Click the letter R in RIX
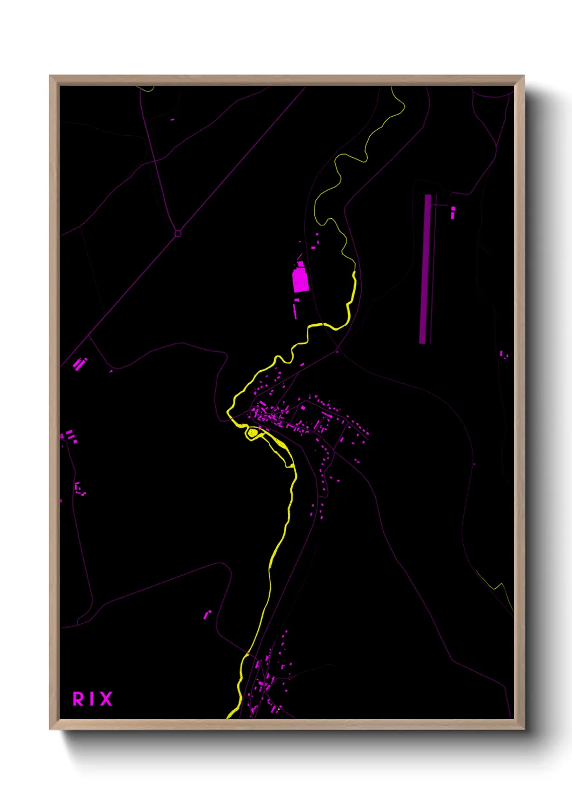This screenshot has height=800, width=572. [78, 699]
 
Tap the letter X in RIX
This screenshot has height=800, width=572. [105, 699]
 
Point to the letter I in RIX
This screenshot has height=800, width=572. [92, 699]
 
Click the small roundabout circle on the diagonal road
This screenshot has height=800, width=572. [178, 234]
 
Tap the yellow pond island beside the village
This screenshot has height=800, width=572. [252, 432]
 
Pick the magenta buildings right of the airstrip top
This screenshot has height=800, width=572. [453, 212]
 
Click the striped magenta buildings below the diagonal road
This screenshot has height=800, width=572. [80, 364]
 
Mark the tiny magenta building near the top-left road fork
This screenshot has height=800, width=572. [172, 119]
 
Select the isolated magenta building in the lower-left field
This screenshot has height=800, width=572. [207, 615]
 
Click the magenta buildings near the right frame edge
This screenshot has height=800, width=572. [503, 355]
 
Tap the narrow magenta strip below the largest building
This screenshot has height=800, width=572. [295, 311]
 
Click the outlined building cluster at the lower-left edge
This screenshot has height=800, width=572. [80, 489]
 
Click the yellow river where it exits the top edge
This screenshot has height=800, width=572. [393, 88]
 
